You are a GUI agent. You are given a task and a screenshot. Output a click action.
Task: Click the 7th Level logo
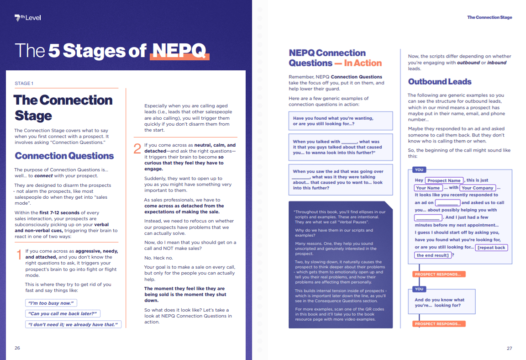(x=27, y=18)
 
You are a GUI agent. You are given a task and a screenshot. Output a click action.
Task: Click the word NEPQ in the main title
(x=179, y=51)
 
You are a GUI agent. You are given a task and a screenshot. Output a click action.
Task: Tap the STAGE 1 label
(x=24, y=84)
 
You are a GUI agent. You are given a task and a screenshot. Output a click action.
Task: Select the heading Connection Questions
(x=64, y=156)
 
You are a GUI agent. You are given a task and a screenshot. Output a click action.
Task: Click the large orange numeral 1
(x=19, y=255)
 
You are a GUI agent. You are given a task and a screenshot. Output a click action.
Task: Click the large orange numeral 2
(x=137, y=149)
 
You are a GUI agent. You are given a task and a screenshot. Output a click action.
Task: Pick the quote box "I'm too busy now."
(x=51, y=303)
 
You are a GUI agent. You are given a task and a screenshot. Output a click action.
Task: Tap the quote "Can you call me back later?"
(x=62, y=313)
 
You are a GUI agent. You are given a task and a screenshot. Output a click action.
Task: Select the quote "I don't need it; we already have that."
(x=73, y=324)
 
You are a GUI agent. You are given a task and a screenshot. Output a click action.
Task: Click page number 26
(x=17, y=348)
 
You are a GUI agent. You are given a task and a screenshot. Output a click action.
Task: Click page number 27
(x=509, y=348)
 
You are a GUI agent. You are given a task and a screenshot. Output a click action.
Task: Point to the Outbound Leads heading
(x=439, y=82)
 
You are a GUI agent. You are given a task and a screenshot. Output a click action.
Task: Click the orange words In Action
(x=363, y=63)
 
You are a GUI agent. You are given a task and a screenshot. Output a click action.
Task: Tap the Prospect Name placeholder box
(x=444, y=180)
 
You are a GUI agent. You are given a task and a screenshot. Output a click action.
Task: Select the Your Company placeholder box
(x=477, y=188)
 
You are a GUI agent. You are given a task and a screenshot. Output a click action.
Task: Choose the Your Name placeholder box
(x=428, y=188)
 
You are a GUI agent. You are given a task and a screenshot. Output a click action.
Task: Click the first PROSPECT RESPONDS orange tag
(x=439, y=275)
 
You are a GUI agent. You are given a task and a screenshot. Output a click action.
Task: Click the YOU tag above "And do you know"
(x=419, y=289)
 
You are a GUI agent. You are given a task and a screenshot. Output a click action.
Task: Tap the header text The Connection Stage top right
(x=489, y=17)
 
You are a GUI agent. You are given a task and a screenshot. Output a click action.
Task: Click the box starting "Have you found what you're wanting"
(x=340, y=121)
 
